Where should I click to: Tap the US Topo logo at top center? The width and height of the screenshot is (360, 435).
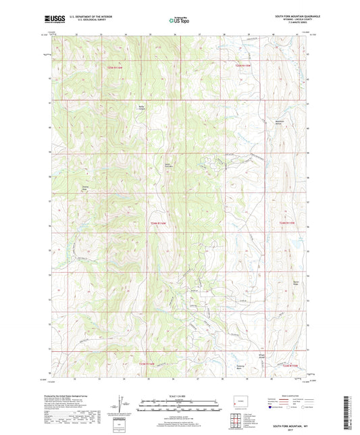[179, 21]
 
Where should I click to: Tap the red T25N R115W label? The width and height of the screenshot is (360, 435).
[247, 66]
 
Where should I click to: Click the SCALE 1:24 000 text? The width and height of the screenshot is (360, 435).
[180, 396]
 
